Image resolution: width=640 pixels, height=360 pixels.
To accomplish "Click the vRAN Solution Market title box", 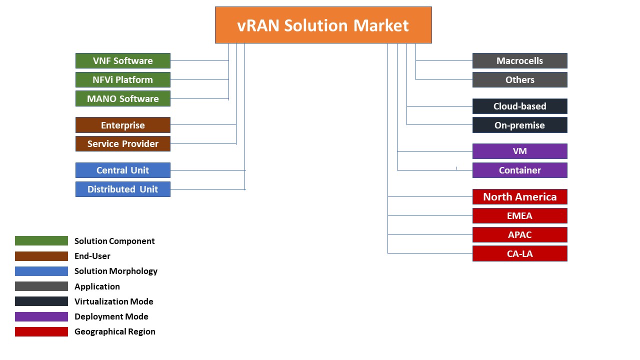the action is (323, 25).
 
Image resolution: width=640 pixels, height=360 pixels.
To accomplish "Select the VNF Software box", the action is (123, 60).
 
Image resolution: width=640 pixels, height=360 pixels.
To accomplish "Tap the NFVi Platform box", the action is (123, 79).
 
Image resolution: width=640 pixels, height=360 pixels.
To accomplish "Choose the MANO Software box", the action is (123, 98).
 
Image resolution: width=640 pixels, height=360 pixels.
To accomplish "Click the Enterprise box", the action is (123, 125).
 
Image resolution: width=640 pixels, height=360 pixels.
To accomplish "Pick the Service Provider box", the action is (123, 143).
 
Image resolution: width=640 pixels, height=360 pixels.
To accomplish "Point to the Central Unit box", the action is (123, 170).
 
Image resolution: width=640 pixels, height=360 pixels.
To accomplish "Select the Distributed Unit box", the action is (123, 189).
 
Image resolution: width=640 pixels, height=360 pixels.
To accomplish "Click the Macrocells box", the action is (519, 60).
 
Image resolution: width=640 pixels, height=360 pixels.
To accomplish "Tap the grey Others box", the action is (519, 79).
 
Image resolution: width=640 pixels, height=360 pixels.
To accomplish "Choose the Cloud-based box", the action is (519, 106).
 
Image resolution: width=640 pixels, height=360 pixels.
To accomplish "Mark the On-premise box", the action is (519, 125).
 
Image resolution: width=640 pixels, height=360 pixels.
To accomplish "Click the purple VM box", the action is (519, 151).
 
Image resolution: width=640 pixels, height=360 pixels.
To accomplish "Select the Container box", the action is (519, 170).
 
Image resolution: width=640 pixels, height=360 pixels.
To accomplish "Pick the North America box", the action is (519, 196).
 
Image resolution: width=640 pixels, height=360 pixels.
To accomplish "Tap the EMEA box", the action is (519, 215).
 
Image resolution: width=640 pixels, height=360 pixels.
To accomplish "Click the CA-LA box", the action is (519, 253).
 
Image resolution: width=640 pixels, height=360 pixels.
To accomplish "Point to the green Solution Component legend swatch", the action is (41, 241).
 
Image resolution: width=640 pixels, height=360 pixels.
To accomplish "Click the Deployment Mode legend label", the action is (111, 316).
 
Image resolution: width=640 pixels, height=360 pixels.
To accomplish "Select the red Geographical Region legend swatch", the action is (41, 331).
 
